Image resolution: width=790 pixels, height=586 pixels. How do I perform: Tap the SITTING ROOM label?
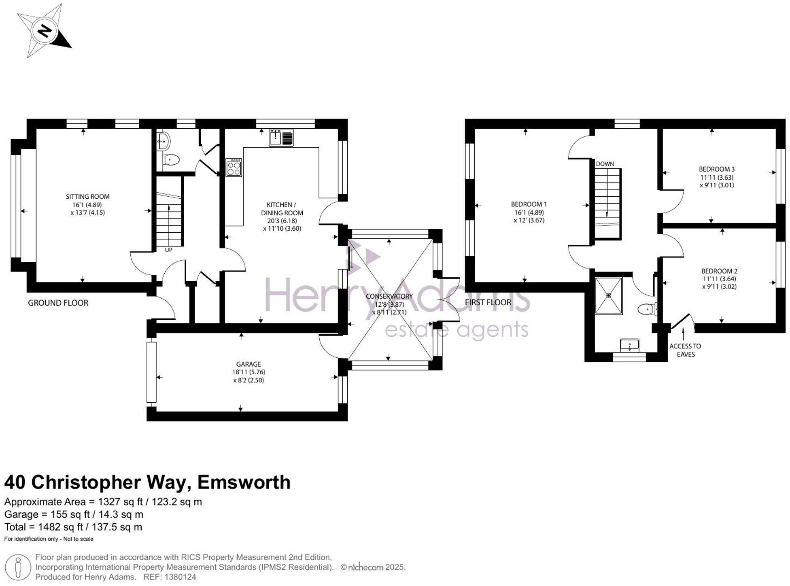coord(87,197)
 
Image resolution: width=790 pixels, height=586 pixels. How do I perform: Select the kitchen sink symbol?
coord(281,138)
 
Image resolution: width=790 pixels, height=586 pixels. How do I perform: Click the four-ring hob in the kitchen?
coord(234,167)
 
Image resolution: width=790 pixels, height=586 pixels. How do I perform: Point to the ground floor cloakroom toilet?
coord(171,160)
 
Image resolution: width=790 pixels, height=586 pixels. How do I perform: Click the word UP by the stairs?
coord(168,250)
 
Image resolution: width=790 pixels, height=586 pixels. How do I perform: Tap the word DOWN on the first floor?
coord(605,164)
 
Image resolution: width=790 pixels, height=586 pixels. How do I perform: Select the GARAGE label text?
coord(248,364)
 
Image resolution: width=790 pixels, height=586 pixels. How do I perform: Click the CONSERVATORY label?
coord(389,296)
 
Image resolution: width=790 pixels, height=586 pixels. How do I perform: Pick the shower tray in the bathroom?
coord(608,295)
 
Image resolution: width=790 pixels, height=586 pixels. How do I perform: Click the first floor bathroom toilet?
coord(647,310)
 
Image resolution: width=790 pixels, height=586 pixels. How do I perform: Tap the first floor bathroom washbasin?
coord(629,345)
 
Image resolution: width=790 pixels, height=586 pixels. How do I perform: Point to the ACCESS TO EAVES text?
coord(685,350)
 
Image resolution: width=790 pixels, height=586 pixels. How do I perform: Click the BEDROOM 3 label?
coord(717,169)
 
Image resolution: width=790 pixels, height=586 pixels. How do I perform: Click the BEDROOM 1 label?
coord(529,204)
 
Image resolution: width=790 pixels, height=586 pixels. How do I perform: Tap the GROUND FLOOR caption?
coord(58,303)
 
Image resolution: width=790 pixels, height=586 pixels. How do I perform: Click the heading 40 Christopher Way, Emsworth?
coord(147,482)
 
